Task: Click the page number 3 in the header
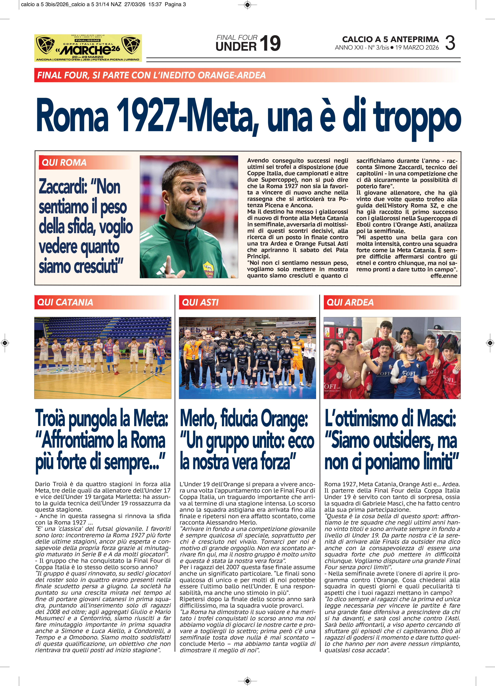[450, 43]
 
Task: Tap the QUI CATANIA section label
[65, 302]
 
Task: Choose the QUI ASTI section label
[200, 302]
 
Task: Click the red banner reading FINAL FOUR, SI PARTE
[151, 75]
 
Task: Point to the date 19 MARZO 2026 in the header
[417, 47]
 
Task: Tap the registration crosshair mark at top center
[248, 5]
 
